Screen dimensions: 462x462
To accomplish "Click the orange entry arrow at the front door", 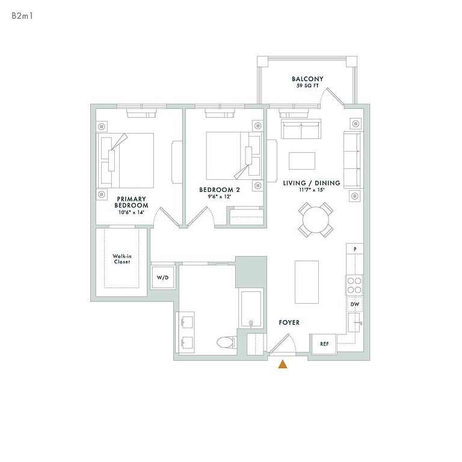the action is pos(283,365).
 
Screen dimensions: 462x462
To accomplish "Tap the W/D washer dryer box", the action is pos(162,277).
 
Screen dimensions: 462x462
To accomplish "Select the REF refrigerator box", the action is pos(324,344).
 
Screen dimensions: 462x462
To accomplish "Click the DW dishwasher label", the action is pos(355,304).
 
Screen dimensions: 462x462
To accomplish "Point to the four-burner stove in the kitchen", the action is pos(354,285).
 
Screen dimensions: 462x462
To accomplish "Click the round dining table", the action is pos(316,220).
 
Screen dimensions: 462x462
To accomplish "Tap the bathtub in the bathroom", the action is pos(251,309).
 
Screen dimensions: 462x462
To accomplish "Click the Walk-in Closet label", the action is pos(122,259).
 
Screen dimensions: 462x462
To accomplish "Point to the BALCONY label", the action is pos(307,79).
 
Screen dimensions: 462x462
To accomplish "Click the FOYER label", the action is pos(289,322).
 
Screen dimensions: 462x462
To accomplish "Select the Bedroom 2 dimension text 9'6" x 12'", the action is pos(219,197).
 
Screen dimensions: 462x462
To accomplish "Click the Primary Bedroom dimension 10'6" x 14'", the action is pos(131,212).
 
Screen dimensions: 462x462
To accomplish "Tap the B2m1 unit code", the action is pos(22,16).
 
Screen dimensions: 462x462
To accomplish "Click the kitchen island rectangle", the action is pos(307,282).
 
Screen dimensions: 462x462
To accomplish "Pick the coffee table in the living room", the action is pos(302,161).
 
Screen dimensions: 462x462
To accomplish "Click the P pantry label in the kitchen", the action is pos(355,249).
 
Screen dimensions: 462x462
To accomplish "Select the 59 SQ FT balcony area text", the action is pos(307,86).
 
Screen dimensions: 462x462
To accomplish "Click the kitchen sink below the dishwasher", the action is pos(354,322).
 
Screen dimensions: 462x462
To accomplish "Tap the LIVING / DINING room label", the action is pos(312,183).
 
